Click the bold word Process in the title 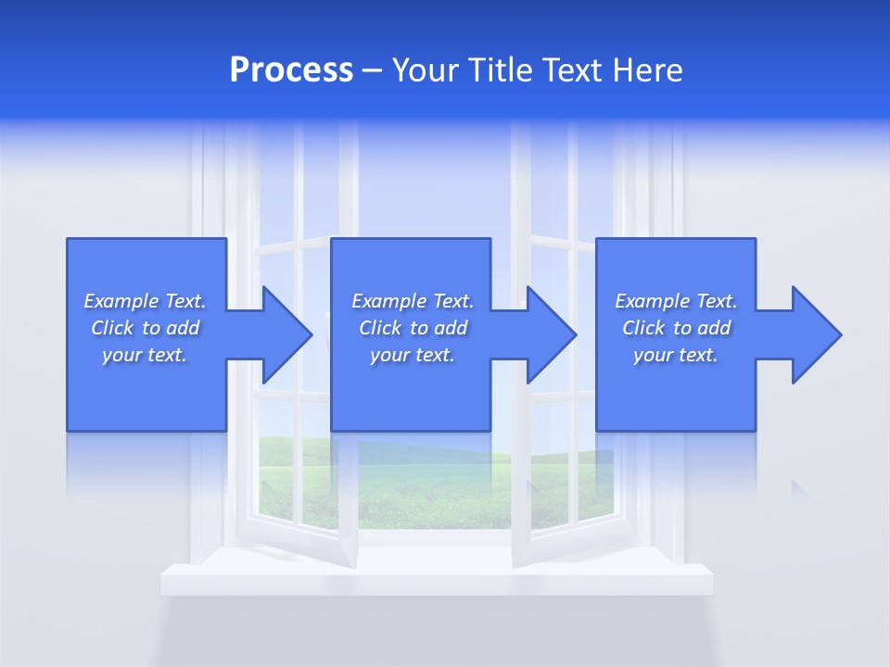pyautogui.click(x=291, y=70)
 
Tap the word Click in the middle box pyautogui.click(x=379, y=328)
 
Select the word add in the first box pyautogui.click(x=184, y=328)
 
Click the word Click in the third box pyautogui.click(x=643, y=328)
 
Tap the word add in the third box pyautogui.click(x=716, y=328)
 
